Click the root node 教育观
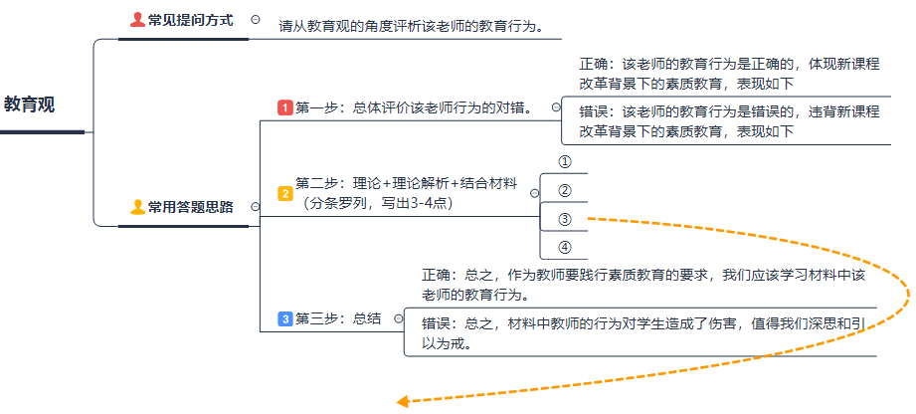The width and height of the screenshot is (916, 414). [30, 104]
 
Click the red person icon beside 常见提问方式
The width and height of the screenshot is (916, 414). [137, 20]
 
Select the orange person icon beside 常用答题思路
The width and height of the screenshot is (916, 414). [137, 207]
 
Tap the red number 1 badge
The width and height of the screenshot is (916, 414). [284, 107]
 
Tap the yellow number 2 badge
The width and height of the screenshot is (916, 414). [284, 194]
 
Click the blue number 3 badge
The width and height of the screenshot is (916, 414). [284, 318]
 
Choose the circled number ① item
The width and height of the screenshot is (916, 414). [564, 161]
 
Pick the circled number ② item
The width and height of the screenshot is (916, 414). [564, 190]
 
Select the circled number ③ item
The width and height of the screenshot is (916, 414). [564, 219]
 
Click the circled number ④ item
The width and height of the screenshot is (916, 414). [564, 247]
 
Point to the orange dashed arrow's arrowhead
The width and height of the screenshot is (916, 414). [403, 402]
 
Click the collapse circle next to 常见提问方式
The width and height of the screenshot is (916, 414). [257, 19]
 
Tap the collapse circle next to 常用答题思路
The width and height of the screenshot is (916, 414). [256, 207]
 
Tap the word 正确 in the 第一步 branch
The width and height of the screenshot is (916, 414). [595, 64]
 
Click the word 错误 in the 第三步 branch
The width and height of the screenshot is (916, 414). [438, 323]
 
